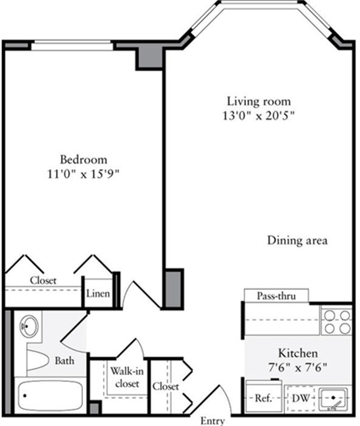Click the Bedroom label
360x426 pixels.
pos(83,159)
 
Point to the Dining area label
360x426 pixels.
pos(297,240)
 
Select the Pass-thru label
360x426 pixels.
pos(276,296)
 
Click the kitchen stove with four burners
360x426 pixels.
pos(336,321)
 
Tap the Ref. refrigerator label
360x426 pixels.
pos(263,398)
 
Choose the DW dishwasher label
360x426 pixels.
pos(301,398)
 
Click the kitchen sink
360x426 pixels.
pos(333,398)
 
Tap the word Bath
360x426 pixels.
pos(64,360)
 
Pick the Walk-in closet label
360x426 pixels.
pos(127,377)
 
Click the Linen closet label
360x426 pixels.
pos(98,293)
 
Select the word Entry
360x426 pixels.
pos(212,421)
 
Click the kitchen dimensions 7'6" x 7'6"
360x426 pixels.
pos(297,367)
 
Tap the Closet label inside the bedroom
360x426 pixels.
pos(43,281)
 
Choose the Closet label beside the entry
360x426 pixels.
pos(166,386)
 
